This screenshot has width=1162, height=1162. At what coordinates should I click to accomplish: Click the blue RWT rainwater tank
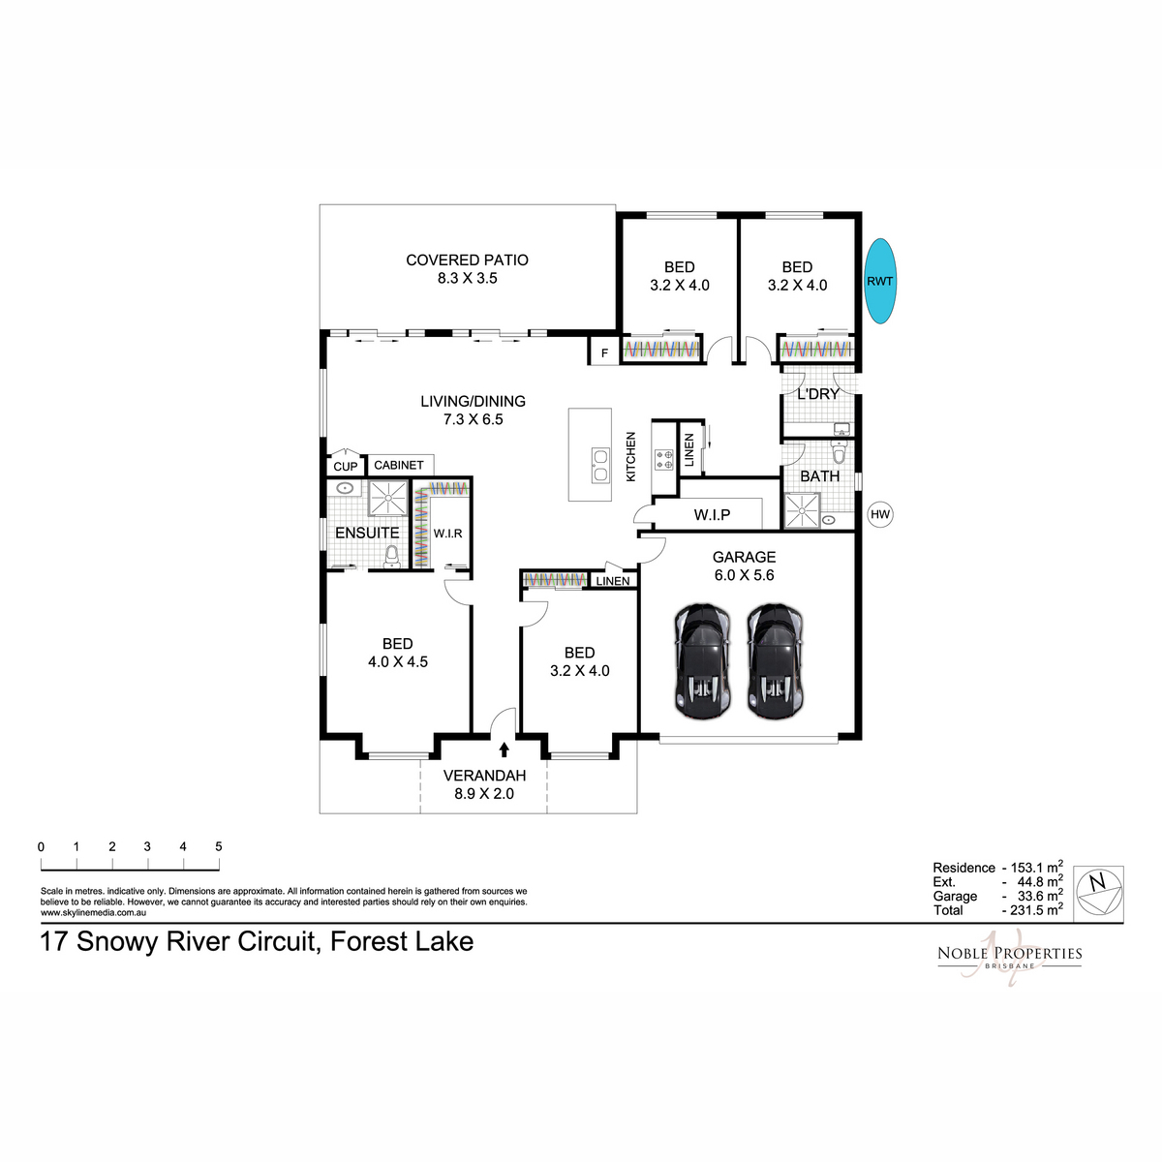point(880,281)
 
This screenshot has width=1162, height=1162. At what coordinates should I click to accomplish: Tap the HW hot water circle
point(880,514)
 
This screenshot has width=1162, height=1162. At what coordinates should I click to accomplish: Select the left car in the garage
point(702,661)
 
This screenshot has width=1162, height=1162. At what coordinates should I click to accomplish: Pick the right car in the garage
point(775,661)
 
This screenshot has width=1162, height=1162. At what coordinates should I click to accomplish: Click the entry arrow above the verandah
point(505,749)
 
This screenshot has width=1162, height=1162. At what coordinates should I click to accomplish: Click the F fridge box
point(604,352)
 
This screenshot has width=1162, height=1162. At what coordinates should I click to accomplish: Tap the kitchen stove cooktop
point(664,459)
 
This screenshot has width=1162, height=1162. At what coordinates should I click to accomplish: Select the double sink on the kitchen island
point(600,465)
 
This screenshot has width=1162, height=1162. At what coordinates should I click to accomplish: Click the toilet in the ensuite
point(392,556)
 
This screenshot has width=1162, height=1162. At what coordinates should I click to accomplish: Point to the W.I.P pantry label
point(712,514)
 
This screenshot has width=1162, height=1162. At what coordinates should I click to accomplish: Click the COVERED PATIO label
point(467,260)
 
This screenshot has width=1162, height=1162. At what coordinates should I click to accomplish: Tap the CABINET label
point(399,465)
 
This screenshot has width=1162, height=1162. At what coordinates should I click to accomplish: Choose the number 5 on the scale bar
point(218,846)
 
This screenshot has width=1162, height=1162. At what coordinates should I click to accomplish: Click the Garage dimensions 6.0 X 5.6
point(744,574)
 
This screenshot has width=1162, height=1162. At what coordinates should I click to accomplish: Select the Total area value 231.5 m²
point(1032,909)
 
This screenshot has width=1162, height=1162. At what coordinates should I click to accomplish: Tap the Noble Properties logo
point(1009,957)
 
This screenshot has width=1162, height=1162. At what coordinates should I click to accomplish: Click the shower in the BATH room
point(802,510)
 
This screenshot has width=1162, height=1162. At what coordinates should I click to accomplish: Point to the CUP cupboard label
point(345,467)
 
